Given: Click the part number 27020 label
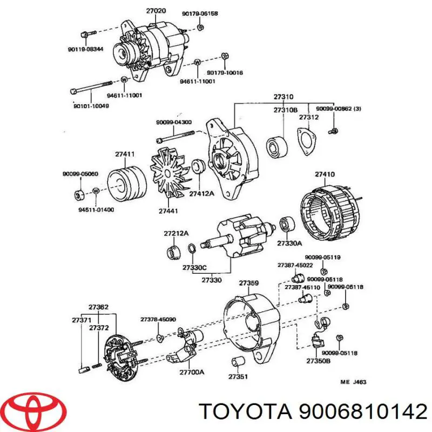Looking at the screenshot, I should point(157,10).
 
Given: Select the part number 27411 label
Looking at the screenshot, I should point(124,154).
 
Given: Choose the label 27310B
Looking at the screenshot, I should point(285,110).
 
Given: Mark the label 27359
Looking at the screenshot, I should point(249,283).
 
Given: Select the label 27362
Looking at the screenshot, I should point(98,307).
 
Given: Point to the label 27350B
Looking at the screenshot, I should point(318,361).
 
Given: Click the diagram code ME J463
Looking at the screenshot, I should point(353,382).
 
